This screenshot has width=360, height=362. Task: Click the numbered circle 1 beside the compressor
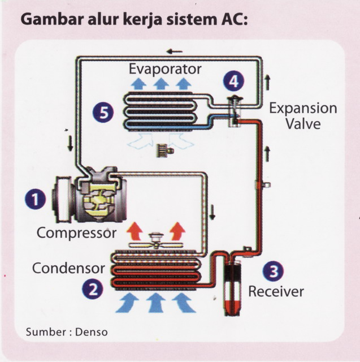pos(34,199)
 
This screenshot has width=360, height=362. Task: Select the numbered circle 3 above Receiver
pos(274,271)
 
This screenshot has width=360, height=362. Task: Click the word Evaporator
pos(164,70)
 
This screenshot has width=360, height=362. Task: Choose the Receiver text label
pos(276,292)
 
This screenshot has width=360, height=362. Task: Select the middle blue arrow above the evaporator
pos(162,84)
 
